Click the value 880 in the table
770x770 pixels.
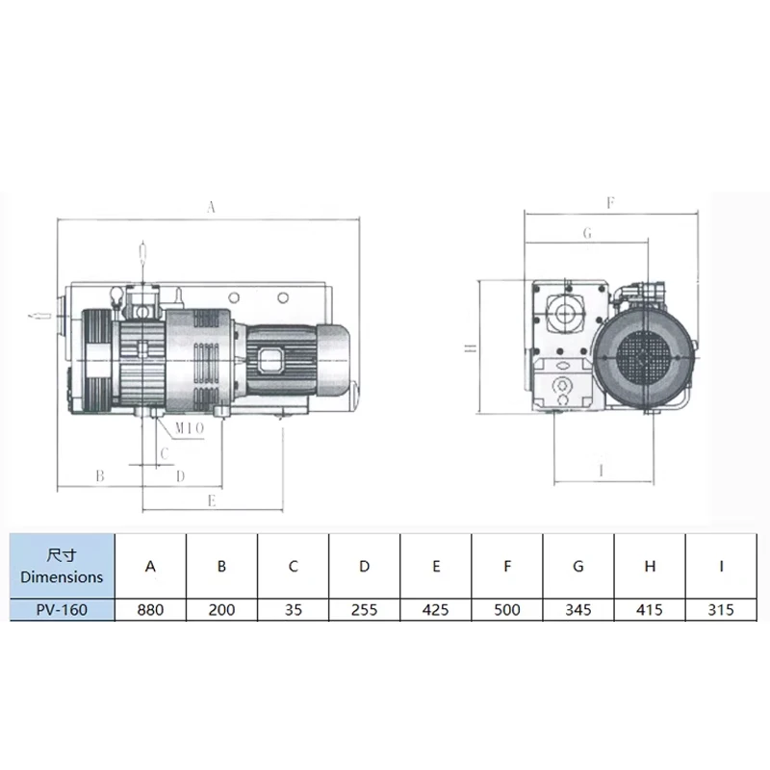coord(150,610)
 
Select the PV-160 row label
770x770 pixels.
coord(62,610)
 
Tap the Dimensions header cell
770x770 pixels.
coord(62,566)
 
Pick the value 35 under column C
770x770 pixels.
coord(294,610)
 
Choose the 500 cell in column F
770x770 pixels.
coord(507,610)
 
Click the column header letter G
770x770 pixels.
coord(578,567)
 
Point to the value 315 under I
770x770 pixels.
coord(721,610)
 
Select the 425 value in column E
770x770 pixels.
coord(436,610)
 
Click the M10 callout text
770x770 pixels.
coord(189,428)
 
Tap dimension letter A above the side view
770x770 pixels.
coord(211,207)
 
